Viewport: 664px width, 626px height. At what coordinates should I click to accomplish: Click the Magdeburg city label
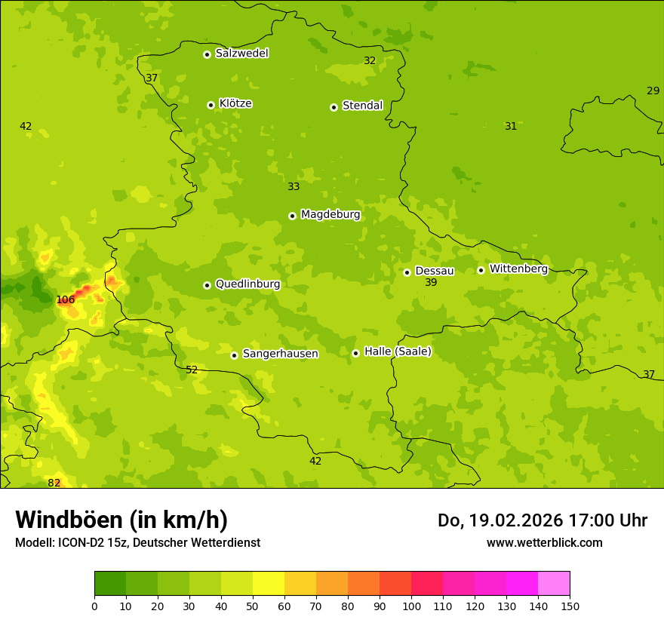tap(330, 214)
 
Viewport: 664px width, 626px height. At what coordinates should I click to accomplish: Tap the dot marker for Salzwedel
tap(207, 54)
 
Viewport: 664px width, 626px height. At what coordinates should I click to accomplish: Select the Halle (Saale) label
tap(398, 351)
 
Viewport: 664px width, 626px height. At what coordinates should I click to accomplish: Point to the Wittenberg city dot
tap(481, 270)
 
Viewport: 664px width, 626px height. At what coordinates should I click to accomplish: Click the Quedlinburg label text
tap(247, 284)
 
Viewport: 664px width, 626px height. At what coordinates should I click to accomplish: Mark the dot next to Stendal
tap(334, 107)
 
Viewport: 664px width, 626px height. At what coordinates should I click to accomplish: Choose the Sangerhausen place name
tap(280, 354)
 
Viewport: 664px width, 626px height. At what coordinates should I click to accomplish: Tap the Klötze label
tap(235, 103)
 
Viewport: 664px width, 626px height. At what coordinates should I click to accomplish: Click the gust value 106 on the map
tap(66, 299)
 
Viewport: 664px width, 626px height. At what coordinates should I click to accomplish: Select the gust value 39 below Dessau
tap(431, 282)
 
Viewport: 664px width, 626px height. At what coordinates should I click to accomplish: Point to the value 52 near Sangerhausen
tap(192, 370)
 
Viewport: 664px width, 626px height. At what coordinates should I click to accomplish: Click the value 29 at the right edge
tap(653, 91)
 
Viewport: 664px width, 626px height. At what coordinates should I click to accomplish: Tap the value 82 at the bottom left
tap(54, 483)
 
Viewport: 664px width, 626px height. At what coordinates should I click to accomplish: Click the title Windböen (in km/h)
tap(121, 520)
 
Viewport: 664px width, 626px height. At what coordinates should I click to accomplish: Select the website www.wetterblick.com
tap(544, 542)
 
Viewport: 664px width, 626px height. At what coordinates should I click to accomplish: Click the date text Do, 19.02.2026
tap(500, 520)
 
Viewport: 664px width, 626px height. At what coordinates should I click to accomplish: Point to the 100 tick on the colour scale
tap(411, 605)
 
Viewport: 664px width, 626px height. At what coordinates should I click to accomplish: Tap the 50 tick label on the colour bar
tap(253, 605)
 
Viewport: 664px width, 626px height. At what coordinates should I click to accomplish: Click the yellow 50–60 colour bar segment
tap(269, 584)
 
